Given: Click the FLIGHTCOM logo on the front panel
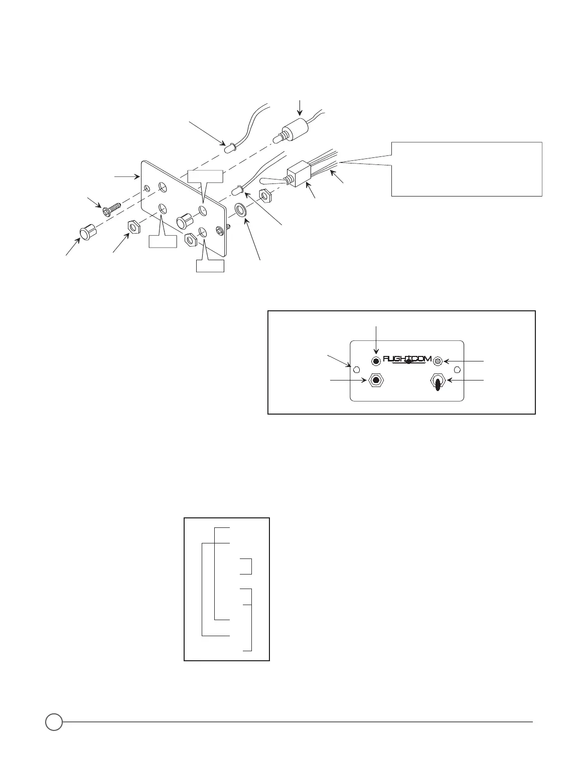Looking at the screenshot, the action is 407,358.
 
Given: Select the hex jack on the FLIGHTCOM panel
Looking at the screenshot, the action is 375,381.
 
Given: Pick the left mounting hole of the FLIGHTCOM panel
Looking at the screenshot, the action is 357,369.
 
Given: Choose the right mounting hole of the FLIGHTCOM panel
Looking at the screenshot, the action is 457,369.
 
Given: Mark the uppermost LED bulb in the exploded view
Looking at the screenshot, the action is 228,148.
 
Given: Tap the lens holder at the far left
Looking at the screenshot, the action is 87,233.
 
